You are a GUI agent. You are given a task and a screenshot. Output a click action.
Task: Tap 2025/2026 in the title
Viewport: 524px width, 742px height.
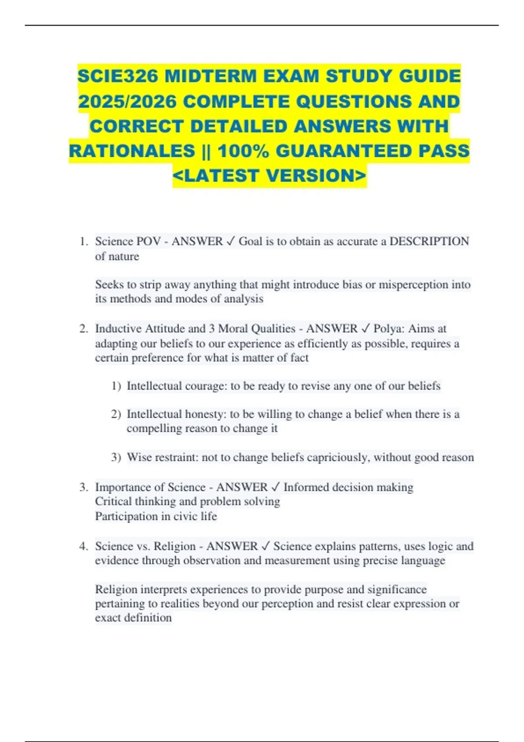(x=127, y=102)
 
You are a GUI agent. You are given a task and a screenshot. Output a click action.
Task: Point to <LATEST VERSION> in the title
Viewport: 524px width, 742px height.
(x=269, y=176)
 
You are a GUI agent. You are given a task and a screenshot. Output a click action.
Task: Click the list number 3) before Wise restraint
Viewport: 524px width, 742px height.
(x=116, y=457)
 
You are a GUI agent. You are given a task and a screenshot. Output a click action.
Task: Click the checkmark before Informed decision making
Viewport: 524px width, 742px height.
(x=276, y=487)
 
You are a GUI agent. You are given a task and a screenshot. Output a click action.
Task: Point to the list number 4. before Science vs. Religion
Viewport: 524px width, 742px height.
(x=84, y=546)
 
